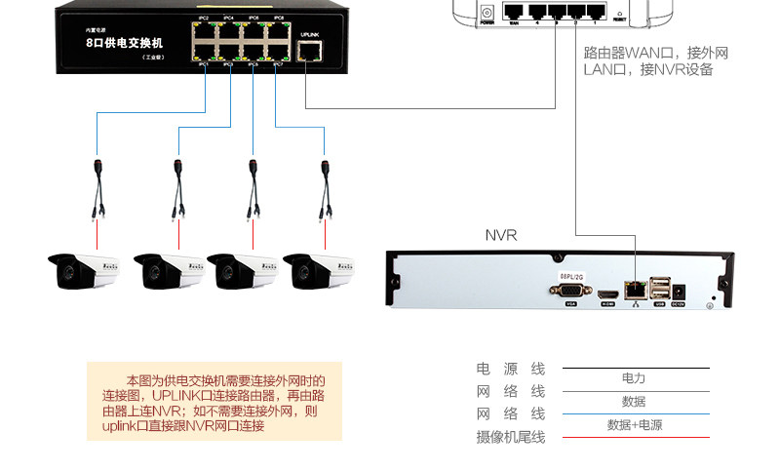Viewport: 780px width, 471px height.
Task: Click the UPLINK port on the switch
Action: click(x=309, y=51)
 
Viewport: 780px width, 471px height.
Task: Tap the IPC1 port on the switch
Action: click(x=205, y=52)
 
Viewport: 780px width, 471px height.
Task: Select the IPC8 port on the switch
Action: click(x=278, y=30)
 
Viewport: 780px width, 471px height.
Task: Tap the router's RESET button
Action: click(x=619, y=14)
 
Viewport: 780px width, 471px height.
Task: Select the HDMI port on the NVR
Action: click(x=607, y=292)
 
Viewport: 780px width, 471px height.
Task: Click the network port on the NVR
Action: click(x=636, y=289)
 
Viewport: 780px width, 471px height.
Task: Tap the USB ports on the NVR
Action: click(x=660, y=289)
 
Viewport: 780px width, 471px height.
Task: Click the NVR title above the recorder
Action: click(x=501, y=235)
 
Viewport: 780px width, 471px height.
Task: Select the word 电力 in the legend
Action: click(x=633, y=377)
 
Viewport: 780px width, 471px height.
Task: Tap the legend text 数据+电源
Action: click(x=634, y=424)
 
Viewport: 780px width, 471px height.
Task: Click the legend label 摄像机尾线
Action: click(x=510, y=437)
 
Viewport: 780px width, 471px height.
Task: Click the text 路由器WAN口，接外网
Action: click(x=655, y=53)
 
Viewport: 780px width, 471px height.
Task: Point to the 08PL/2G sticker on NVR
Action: click(x=571, y=276)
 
